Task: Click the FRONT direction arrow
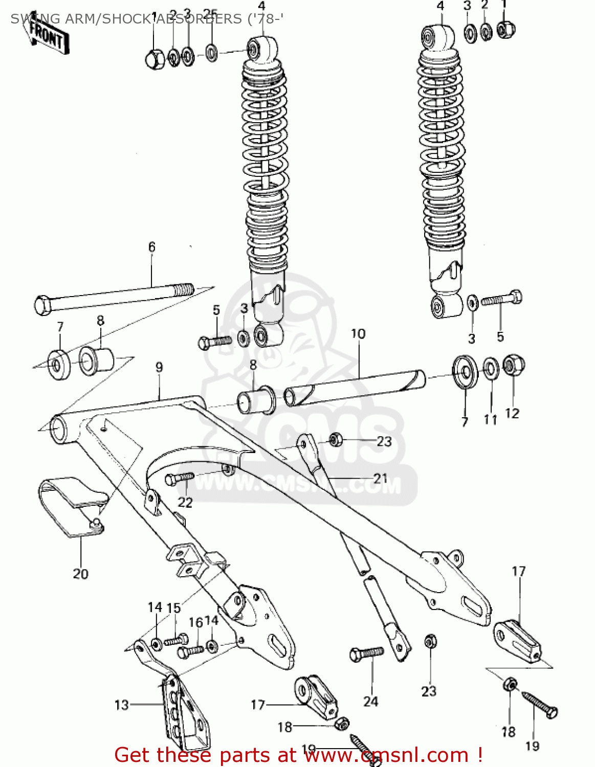tap(46, 34)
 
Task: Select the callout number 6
tap(152, 247)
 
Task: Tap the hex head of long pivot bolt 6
tap(43, 305)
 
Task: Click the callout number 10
tap(358, 334)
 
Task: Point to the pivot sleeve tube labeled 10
tap(355, 388)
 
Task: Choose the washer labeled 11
tap(491, 368)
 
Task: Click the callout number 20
tap(80, 574)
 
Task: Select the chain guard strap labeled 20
tap(72, 506)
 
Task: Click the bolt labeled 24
tap(366, 653)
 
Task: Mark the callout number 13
tap(122, 705)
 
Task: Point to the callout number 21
tap(380, 479)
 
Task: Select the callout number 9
tap(159, 367)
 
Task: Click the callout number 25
tap(210, 14)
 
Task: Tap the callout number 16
tap(195, 622)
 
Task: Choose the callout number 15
tap(174, 607)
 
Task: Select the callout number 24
tap(371, 701)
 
